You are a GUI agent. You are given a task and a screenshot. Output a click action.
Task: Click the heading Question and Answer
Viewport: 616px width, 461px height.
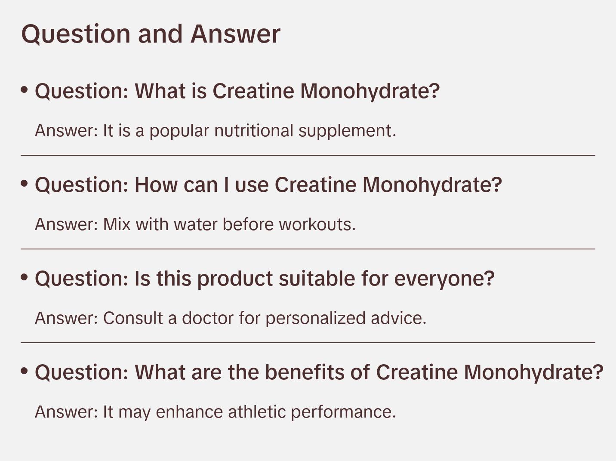151,34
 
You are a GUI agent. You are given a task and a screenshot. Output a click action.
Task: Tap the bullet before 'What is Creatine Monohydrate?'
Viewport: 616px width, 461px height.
25,90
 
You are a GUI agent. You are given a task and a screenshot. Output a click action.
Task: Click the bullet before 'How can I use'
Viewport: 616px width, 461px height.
25,184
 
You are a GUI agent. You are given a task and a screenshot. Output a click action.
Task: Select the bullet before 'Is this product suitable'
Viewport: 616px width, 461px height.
25,277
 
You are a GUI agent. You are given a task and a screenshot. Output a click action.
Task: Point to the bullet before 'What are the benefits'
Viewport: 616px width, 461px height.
25,371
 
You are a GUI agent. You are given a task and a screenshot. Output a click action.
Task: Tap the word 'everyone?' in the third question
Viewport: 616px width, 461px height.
444,279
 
